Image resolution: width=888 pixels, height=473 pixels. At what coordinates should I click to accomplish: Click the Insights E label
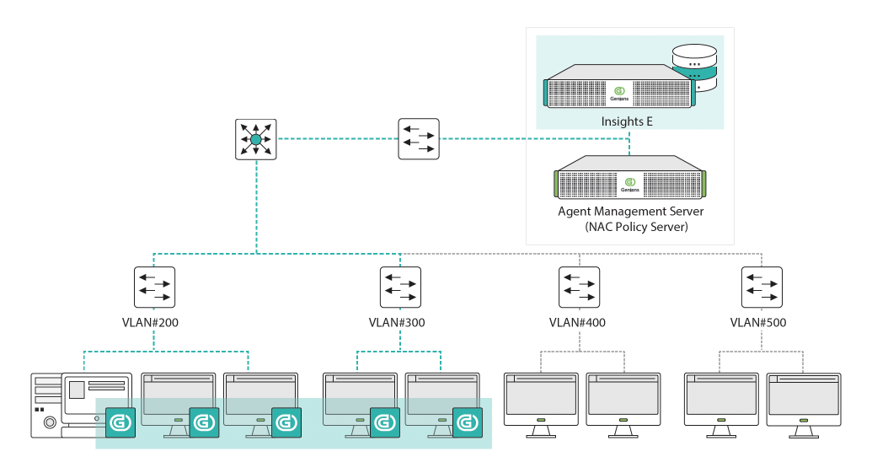click(627, 121)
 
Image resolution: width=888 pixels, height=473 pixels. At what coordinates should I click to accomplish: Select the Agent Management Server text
click(630, 211)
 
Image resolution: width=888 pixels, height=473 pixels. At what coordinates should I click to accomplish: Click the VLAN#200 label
click(154, 322)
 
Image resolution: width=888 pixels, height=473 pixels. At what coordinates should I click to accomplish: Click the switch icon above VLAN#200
click(154, 288)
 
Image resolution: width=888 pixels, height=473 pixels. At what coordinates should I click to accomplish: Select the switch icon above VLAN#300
click(400, 288)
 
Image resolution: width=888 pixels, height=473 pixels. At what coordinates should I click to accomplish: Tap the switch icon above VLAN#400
click(580, 288)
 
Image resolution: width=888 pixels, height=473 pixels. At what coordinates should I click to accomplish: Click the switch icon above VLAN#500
click(762, 288)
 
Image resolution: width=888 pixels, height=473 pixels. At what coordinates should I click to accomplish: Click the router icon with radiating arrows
click(255, 139)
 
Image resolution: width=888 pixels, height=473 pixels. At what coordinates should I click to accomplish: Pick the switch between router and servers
click(419, 139)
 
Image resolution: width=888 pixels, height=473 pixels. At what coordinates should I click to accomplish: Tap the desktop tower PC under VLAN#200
click(80, 403)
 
